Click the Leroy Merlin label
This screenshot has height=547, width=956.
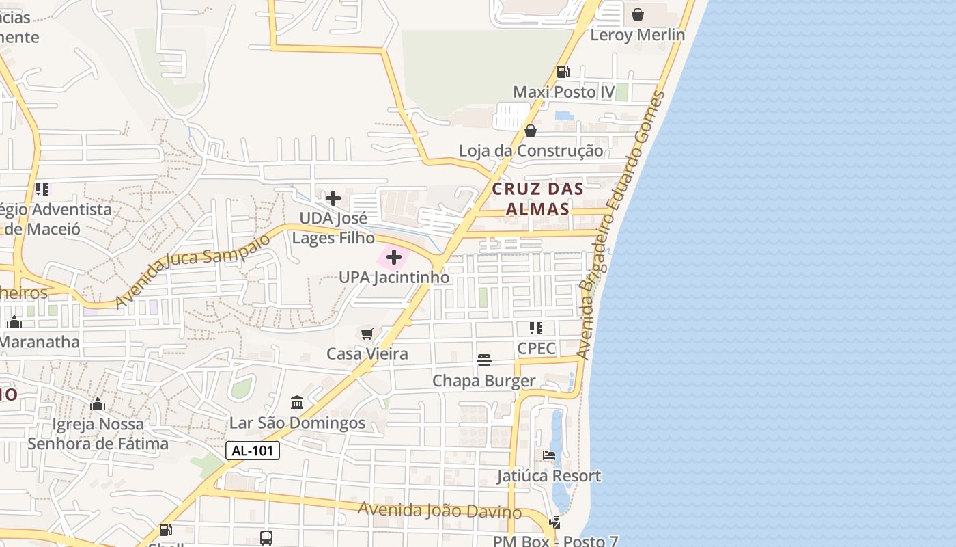637,35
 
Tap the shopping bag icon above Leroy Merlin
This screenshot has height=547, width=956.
638,14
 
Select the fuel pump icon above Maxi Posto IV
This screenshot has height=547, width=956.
563,71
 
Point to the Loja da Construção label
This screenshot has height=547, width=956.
531,150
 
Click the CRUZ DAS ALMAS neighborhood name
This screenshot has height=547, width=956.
538,198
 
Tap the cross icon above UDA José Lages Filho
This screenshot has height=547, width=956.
333,198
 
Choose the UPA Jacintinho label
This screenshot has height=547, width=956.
394,278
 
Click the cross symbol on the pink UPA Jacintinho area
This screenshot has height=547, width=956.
394,257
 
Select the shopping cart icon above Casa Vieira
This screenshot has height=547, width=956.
367,334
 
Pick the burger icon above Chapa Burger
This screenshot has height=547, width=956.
484,360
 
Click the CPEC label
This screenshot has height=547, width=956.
536,348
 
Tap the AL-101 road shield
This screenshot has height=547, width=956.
252,451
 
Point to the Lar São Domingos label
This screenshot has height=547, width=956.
297,423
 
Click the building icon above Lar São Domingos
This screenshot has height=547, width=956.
297,402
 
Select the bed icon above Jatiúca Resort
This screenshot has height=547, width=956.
549,455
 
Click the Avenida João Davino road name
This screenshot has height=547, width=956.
440,510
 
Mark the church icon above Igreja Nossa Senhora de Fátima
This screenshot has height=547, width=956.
98,405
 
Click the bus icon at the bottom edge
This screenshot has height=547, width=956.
266,537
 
